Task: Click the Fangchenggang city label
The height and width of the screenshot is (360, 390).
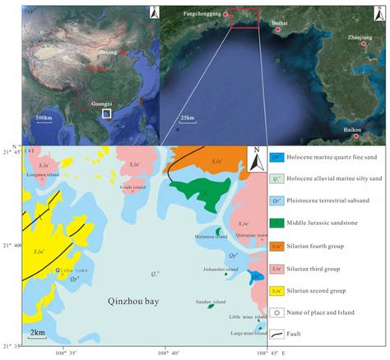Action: (x=203, y=14)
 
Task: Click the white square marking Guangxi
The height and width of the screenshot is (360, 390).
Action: (x=106, y=115)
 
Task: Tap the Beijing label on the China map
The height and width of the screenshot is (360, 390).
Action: (x=107, y=52)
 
